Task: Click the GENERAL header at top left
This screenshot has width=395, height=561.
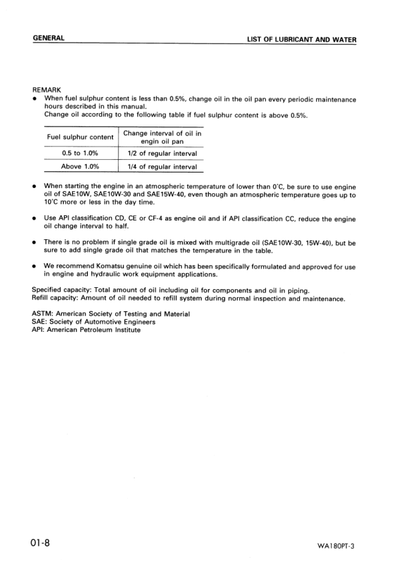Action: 49,38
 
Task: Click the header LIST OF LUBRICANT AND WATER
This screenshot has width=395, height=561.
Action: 302,39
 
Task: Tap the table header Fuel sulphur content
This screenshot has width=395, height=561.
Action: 79,137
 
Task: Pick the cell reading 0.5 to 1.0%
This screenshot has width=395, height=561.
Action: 79,154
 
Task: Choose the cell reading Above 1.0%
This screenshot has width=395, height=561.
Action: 79,167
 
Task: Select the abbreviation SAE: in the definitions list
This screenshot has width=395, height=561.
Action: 41,321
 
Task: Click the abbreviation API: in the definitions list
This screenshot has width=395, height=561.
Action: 39,329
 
